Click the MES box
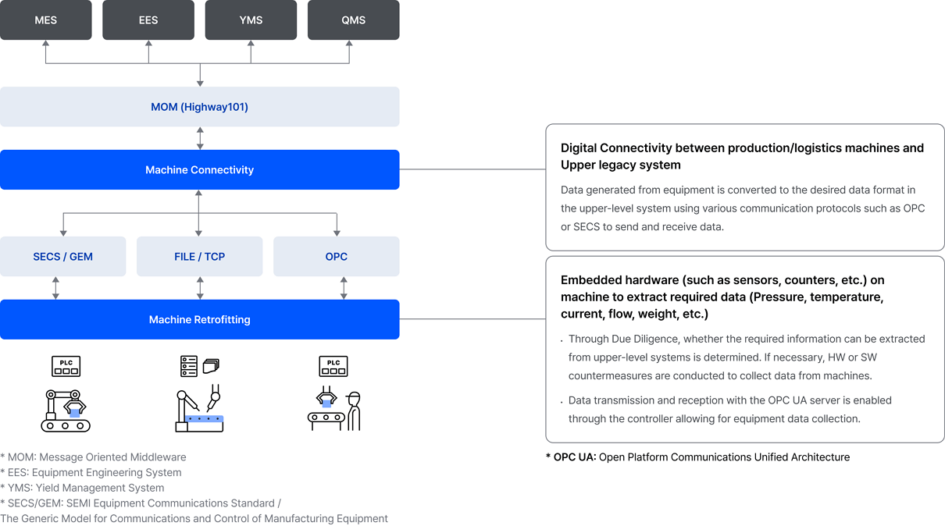(x=45, y=20)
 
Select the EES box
(x=148, y=20)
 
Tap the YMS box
(x=251, y=20)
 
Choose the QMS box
(x=353, y=20)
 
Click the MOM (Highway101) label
(x=200, y=107)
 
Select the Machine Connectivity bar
(x=200, y=169)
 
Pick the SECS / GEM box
(x=62, y=256)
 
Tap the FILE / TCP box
(x=200, y=256)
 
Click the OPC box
(x=337, y=256)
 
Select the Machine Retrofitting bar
(x=200, y=319)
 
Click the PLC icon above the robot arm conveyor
(x=66, y=366)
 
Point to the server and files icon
(x=200, y=366)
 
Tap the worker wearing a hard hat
(x=354, y=411)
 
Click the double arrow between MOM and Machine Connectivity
(x=200, y=138)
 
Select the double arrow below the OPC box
(x=344, y=288)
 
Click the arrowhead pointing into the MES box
(x=45, y=43)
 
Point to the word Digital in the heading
(x=579, y=148)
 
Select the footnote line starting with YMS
(x=82, y=488)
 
